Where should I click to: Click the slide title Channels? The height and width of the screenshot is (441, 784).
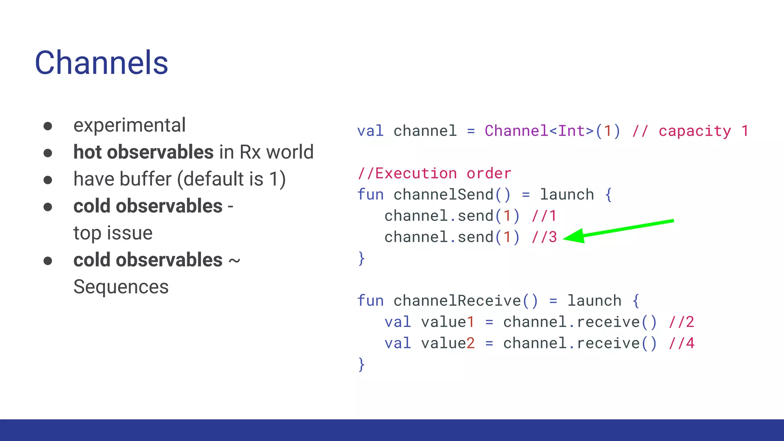click(x=101, y=63)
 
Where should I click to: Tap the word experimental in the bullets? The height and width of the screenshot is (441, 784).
click(x=129, y=125)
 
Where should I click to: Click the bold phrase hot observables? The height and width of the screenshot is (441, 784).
click(x=144, y=152)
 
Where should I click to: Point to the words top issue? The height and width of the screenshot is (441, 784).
click(x=113, y=233)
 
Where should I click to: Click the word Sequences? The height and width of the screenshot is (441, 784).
click(x=121, y=287)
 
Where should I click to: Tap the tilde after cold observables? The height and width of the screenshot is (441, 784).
click(x=234, y=261)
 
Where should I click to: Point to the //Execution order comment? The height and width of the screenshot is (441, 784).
click(x=434, y=173)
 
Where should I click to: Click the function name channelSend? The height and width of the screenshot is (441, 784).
click(x=444, y=194)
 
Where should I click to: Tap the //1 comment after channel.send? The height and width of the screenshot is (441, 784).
click(x=544, y=216)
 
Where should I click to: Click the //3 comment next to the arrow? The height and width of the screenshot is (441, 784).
click(x=544, y=237)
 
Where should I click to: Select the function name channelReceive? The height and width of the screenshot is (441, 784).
click(x=457, y=301)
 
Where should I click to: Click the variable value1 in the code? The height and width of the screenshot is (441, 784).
click(x=448, y=322)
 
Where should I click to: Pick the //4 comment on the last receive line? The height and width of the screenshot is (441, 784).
click(x=681, y=343)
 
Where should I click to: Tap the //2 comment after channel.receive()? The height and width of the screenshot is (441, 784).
click(x=681, y=322)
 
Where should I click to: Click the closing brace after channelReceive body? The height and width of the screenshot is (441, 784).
click(x=361, y=364)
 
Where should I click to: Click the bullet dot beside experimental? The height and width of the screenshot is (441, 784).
click(x=48, y=126)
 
